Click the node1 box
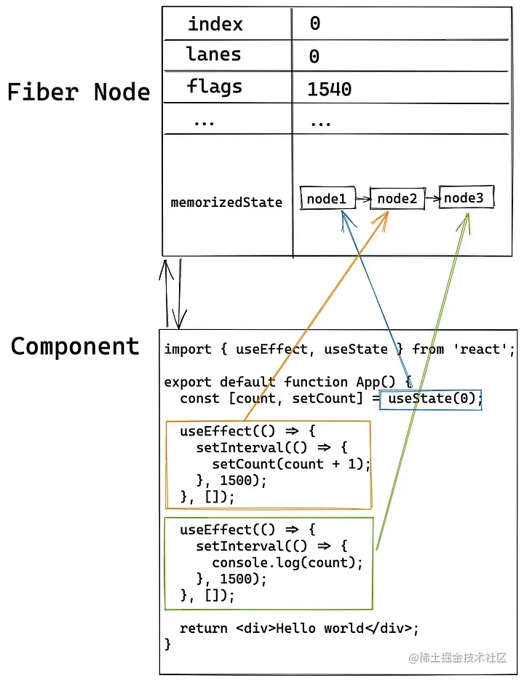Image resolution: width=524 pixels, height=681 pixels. [x=327, y=199]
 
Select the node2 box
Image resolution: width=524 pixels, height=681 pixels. [x=397, y=199]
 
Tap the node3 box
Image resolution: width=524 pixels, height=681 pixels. [x=467, y=198]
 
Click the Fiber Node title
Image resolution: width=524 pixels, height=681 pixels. [x=79, y=92]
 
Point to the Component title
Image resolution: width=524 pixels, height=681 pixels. [x=75, y=346]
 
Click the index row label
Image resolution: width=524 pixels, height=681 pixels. [x=215, y=24]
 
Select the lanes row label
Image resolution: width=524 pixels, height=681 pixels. [x=213, y=55]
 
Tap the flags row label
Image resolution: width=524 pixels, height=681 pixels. [x=214, y=87]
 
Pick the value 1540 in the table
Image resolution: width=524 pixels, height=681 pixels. [x=329, y=90]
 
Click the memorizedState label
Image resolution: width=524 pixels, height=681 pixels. [x=226, y=202]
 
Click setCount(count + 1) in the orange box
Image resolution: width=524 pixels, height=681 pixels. [x=291, y=464]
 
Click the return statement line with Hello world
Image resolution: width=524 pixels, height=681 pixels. [x=299, y=628]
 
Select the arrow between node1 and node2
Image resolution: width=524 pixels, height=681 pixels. [x=362, y=199]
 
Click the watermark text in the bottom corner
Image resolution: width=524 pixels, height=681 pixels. [x=458, y=658]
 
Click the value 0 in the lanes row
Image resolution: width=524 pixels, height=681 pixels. [x=314, y=57]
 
